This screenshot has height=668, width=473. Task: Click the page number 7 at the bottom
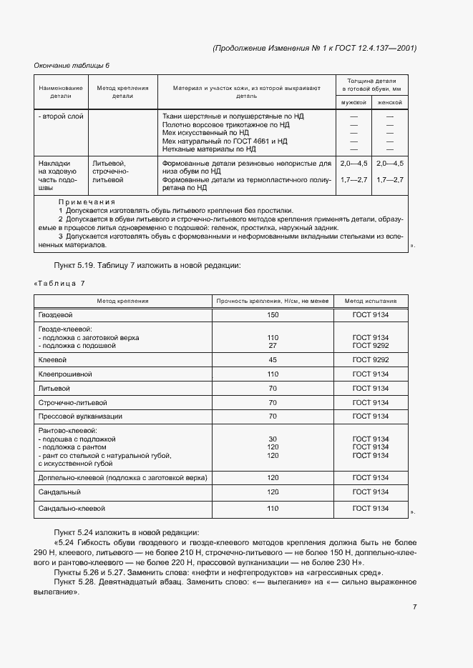pyautogui.click(x=414, y=607)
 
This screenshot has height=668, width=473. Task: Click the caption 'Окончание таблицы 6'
pyautogui.click(x=72, y=66)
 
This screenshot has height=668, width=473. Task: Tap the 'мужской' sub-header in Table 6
pyautogui.click(x=353, y=102)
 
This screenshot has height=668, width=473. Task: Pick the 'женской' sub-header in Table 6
pyautogui.click(x=390, y=102)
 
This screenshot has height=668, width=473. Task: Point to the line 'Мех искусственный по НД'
pyautogui.click(x=205, y=133)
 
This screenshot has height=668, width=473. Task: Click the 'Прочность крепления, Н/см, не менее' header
pyautogui.click(x=272, y=301)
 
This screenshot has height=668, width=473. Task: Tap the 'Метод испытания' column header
pyautogui.click(x=370, y=301)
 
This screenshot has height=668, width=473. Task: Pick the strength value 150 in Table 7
pyautogui.click(x=272, y=314)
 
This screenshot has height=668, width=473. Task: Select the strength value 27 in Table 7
pyautogui.click(x=272, y=345)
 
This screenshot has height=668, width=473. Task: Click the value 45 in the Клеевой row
pyautogui.click(x=272, y=359)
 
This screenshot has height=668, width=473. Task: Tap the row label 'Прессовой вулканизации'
pyautogui.click(x=79, y=416)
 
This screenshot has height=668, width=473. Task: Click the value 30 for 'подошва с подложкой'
pyautogui.click(x=272, y=439)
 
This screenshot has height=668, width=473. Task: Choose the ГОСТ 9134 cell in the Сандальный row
pyautogui.click(x=370, y=492)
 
